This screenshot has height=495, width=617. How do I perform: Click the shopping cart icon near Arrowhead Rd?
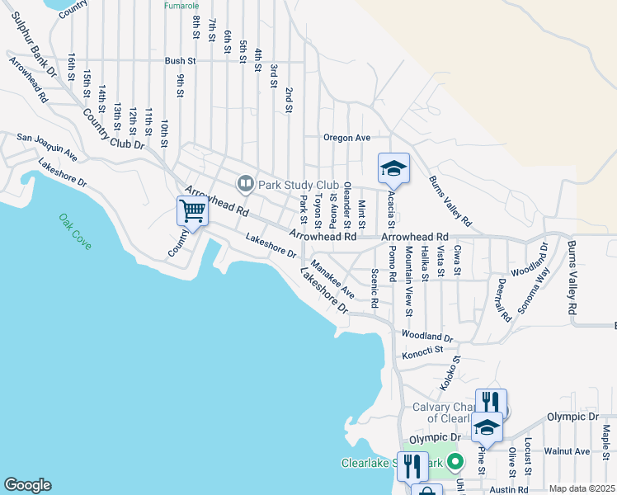tap(192, 210)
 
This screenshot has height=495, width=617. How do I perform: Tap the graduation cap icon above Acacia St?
tap(393, 168)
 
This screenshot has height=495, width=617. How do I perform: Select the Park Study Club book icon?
tap(245, 184)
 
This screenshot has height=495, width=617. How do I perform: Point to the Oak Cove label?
tap(75, 232)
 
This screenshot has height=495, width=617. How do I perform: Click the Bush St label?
tap(180, 61)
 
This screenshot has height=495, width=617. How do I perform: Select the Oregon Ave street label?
tap(346, 138)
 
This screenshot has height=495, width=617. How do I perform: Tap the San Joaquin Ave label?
tap(47, 146)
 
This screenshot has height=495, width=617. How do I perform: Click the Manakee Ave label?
tap(332, 280)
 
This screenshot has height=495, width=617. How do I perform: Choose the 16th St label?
tap(73, 63)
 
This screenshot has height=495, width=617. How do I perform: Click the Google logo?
tap(27, 485)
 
